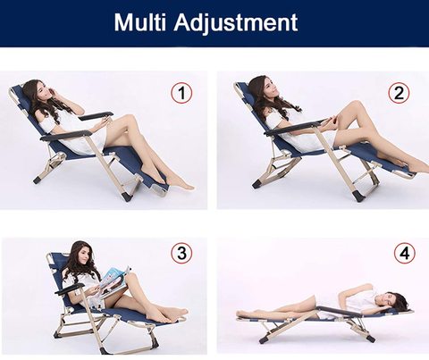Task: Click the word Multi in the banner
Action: click(139, 21)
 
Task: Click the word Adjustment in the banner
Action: click(236, 22)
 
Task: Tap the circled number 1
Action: click(181, 93)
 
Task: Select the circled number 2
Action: click(399, 93)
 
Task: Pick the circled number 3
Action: click(181, 254)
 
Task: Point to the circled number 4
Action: click(405, 254)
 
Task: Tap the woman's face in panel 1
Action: click(46, 92)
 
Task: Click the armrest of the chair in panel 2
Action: click(294, 128)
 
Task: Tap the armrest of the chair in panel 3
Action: click(70, 289)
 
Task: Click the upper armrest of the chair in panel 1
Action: click(96, 116)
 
